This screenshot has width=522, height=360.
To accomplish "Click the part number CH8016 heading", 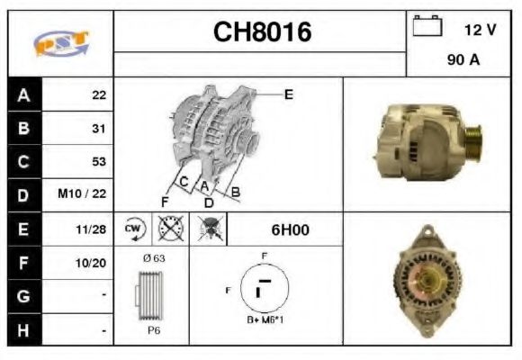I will point(261,32).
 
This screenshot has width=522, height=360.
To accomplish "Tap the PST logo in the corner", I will point(60,42).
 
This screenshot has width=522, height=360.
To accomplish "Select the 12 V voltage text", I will point(480,30).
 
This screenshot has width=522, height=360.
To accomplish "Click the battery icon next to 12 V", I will point(425,27).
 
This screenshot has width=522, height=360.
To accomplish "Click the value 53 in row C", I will point(98,162).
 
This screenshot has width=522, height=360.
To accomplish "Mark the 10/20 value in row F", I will point(93,264).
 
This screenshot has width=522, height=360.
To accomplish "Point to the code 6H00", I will point(290,229).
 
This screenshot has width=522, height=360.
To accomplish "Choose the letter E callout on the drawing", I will point(289,93).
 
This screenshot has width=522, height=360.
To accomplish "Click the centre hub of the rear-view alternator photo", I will point(428,278).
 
